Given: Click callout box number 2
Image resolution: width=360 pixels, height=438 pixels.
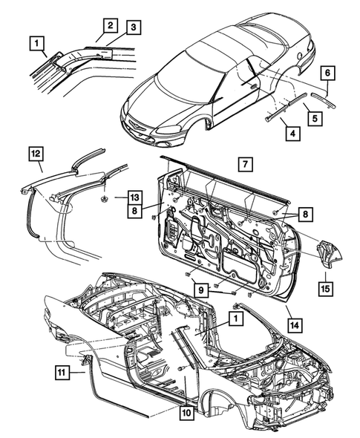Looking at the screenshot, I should point(109,25).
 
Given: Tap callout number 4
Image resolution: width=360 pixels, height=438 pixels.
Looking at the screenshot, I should point(294,134).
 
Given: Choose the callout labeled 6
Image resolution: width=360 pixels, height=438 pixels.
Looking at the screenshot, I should point(327,73).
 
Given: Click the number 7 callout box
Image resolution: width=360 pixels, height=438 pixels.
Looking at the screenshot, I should point(241,163).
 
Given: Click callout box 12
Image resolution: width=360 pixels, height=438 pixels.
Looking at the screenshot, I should point(36,154).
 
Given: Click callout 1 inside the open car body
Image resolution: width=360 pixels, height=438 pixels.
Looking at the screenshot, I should point(235,318).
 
